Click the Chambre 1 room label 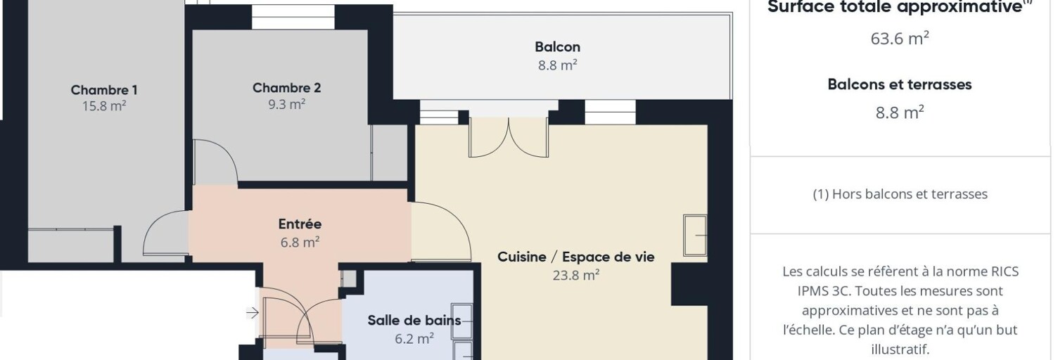point(104,89)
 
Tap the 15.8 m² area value point(104,105)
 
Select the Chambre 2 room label point(287,88)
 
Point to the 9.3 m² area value point(287,104)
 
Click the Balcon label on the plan point(557,46)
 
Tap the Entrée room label point(300,224)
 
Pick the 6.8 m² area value point(300,242)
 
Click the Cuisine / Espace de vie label point(575,257)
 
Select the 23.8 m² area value point(575,275)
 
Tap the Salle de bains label point(414,321)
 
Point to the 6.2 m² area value point(414,338)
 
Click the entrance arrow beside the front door point(253,312)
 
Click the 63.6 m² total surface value point(899,38)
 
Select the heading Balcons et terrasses point(899,84)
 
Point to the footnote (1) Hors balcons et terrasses point(900,194)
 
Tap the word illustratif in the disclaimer point(900,349)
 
